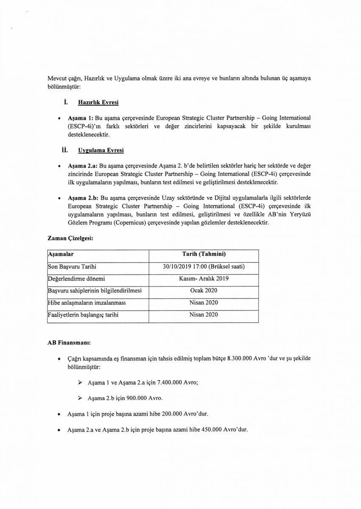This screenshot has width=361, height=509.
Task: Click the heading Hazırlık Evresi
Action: tap(98, 103)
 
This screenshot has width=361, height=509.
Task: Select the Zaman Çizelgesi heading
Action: tap(70, 239)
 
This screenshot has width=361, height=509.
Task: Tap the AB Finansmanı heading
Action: tap(67, 342)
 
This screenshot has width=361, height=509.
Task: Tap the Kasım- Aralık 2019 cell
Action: tap(204, 279)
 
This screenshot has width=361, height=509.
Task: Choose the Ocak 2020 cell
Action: tap(204, 291)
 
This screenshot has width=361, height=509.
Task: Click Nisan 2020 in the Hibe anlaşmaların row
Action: tap(204, 303)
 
